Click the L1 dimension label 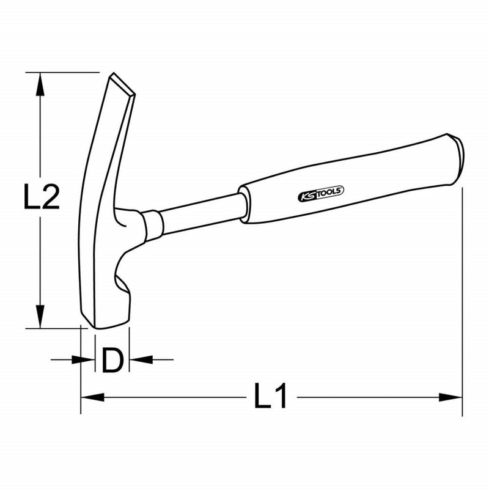coord(270,398)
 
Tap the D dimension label coord(112,361)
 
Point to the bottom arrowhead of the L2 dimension coord(40,317)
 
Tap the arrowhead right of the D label coord(139,359)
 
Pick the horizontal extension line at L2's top coord(61,72)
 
